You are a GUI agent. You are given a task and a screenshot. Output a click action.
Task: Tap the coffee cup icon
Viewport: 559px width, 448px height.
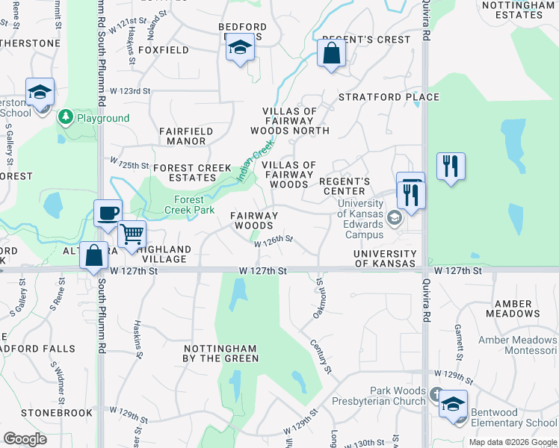pyautogui.click(x=108, y=213)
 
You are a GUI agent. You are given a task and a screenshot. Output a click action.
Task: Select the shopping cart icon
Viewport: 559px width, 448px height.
pyautogui.click(x=132, y=234)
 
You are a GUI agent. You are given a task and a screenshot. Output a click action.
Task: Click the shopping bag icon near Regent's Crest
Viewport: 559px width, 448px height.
pyautogui.click(x=330, y=53)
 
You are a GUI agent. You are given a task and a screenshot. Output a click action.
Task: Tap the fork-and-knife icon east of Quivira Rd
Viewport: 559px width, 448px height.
pyautogui.click(x=450, y=166)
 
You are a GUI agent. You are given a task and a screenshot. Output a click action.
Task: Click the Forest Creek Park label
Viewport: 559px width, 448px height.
pyautogui.click(x=194, y=205)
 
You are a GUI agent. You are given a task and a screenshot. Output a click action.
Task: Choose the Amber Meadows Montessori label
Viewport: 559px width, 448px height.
pyautogui.click(x=517, y=345)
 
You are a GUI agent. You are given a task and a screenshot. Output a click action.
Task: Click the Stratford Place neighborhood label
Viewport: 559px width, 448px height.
pyautogui.click(x=389, y=97)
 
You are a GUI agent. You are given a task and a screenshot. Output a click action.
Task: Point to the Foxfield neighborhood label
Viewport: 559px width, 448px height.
pyautogui.click(x=164, y=50)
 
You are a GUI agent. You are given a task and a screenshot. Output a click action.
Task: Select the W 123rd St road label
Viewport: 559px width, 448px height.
pyautogui.click(x=130, y=91)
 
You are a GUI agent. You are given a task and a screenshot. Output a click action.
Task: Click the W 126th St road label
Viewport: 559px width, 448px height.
pyautogui.click(x=273, y=241)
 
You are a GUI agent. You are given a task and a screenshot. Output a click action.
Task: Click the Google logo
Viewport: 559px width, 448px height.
pyautogui.click(x=25, y=439)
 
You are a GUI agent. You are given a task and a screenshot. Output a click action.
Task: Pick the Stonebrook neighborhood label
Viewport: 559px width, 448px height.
pyautogui.click(x=49, y=411)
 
